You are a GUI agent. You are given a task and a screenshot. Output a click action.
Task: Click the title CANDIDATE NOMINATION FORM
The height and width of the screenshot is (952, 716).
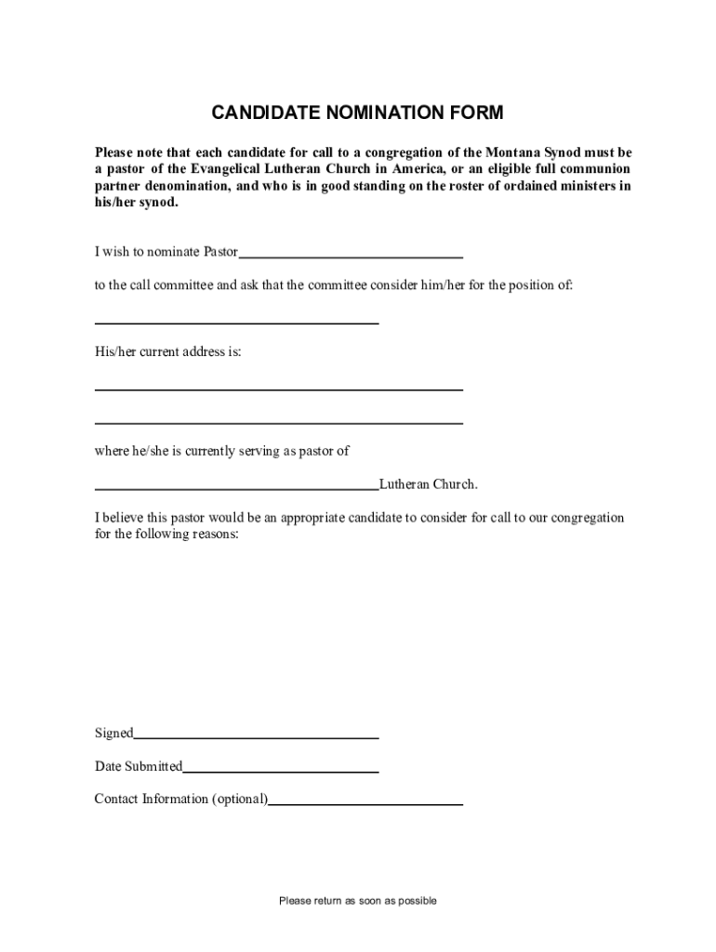coord(357,113)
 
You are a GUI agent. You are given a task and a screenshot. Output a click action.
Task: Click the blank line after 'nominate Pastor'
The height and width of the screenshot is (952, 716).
coord(351,254)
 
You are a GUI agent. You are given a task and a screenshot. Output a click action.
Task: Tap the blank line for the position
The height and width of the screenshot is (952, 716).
coord(236,321)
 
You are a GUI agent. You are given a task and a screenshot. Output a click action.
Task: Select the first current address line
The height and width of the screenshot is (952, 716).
coord(278,388)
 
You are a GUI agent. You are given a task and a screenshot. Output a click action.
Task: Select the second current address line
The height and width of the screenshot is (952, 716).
coord(278,421)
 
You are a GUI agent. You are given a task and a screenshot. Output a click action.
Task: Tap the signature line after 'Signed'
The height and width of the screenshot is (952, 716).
coord(256,735)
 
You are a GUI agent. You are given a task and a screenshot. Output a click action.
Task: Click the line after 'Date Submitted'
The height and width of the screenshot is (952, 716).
coord(280,770)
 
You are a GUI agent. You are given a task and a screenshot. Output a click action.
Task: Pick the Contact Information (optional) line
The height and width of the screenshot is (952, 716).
coord(365,801)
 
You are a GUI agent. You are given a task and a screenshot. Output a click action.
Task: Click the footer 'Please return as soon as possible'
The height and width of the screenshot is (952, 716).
coord(358,901)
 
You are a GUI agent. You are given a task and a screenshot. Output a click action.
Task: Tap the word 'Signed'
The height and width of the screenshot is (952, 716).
coord(113,734)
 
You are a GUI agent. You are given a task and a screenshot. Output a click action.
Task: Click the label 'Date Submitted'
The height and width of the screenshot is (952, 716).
coord(139,767)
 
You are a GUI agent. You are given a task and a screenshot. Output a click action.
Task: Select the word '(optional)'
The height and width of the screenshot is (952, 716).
coord(240,800)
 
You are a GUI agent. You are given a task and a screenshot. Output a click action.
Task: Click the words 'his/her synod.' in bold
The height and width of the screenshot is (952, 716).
coord(136,202)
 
